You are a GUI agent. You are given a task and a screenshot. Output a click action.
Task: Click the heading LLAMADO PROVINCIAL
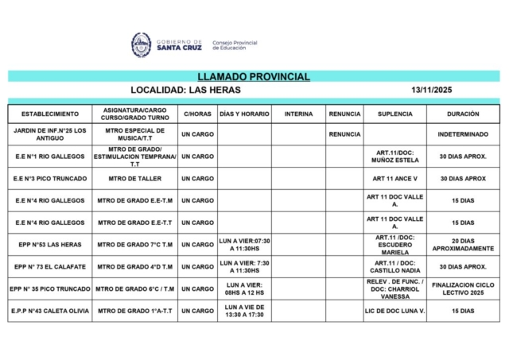click(254, 77)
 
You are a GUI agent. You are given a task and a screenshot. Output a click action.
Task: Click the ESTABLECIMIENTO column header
click(49, 114)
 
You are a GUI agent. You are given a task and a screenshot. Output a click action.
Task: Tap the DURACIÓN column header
click(463, 114)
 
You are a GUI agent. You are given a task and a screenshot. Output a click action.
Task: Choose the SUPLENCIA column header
click(394, 114)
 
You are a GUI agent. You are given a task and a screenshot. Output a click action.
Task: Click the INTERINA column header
click(298, 114)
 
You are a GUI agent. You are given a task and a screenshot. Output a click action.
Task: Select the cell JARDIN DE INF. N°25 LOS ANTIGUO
click(49, 134)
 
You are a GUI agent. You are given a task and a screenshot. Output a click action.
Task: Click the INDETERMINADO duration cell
click(463, 134)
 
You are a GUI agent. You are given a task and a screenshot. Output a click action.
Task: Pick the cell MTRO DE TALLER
click(129, 179)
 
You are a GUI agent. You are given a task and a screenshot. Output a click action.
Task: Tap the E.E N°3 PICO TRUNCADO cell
click(49, 179)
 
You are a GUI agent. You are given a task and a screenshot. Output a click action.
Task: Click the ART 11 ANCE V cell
click(394, 179)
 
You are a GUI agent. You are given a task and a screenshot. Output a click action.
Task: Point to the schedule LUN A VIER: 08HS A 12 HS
click(244, 289)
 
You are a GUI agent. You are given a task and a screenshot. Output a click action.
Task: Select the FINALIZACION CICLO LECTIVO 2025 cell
click(463, 289)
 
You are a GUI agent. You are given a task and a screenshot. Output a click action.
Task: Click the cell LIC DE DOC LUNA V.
click(394, 311)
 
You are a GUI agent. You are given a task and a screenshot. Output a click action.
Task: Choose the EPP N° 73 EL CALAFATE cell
click(49, 267)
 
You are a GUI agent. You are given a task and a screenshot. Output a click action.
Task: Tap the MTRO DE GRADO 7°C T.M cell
click(129, 245)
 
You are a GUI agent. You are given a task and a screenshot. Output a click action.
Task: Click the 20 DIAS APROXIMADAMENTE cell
click(463, 245)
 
